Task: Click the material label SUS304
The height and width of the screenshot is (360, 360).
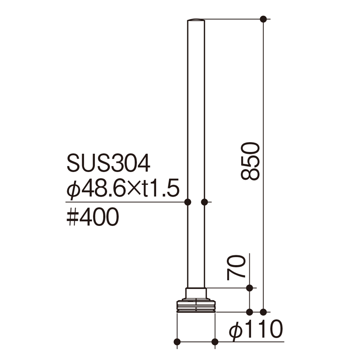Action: click(108, 163)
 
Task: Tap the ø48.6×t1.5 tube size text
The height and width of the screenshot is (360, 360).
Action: click(123, 188)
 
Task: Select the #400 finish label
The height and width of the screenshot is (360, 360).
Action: click(93, 217)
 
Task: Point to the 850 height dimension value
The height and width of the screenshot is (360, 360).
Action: click(250, 161)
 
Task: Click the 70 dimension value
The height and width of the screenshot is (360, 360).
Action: click(236, 267)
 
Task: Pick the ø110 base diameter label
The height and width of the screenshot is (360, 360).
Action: click(256, 329)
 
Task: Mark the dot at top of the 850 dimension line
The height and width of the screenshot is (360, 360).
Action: click(263, 19)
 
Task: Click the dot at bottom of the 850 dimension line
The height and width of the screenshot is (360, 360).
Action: click(263, 312)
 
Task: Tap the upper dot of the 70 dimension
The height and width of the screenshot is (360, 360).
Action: click(249, 288)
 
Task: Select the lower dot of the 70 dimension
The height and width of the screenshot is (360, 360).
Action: click(249, 312)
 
